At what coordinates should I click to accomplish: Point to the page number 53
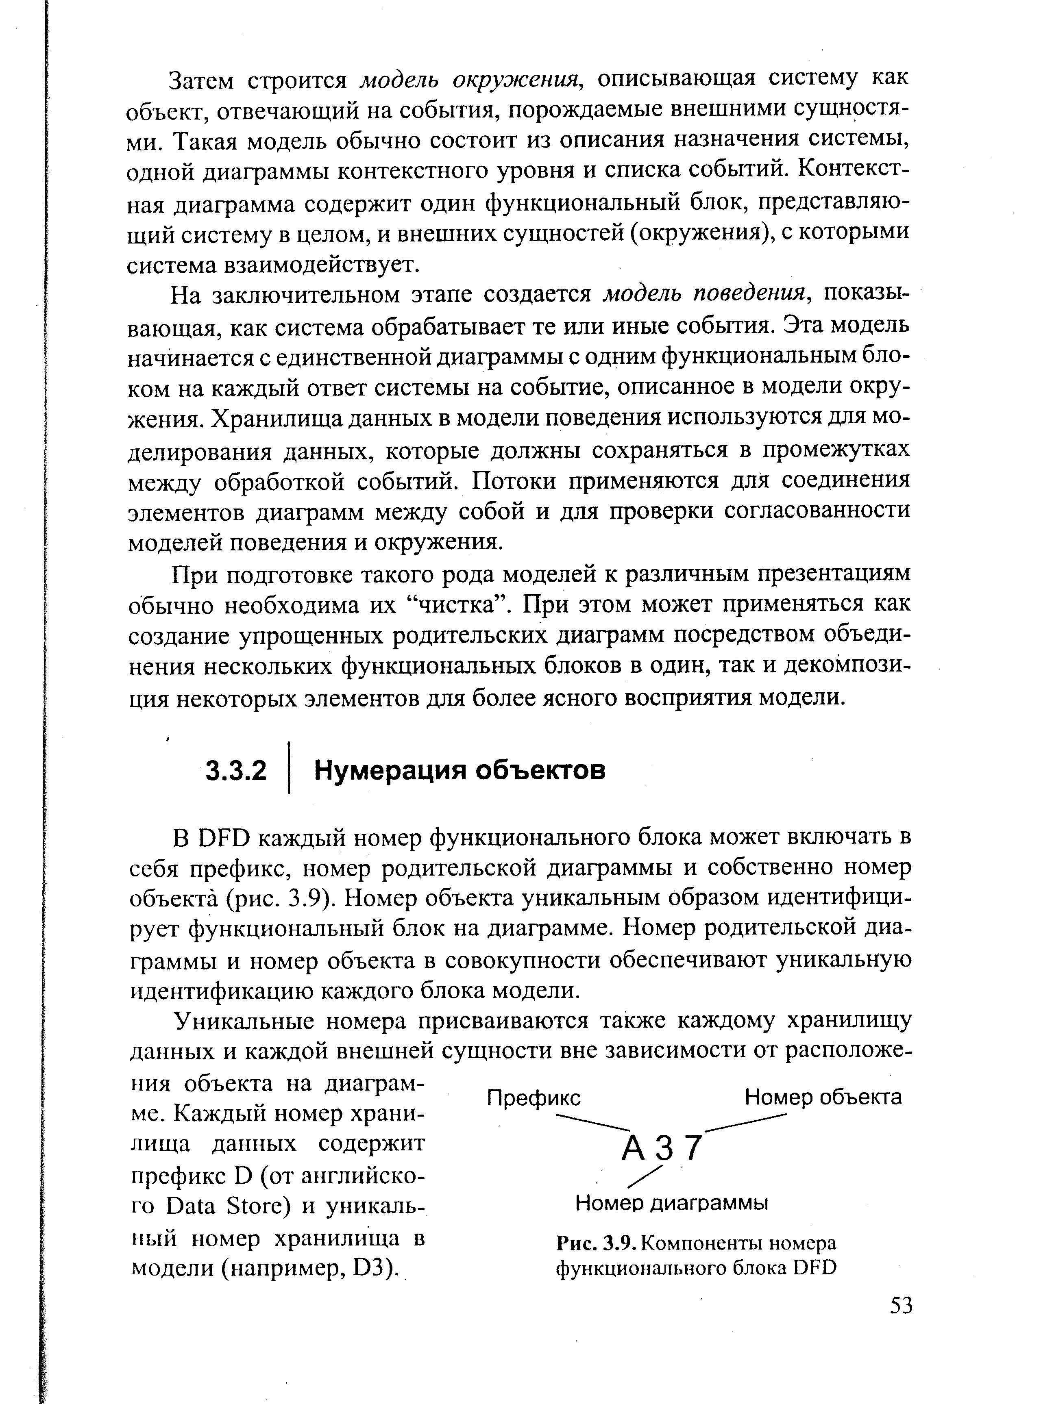(x=901, y=1306)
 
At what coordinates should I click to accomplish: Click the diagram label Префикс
(x=534, y=1098)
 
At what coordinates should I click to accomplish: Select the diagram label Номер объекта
(x=823, y=1098)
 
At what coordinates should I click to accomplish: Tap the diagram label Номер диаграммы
(x=672, y=1204)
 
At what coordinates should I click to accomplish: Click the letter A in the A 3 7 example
(x=632, y=1149)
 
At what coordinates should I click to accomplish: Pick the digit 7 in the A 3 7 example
(x=693, y=1148)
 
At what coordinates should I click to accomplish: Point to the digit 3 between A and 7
(x=663, y=1149)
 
